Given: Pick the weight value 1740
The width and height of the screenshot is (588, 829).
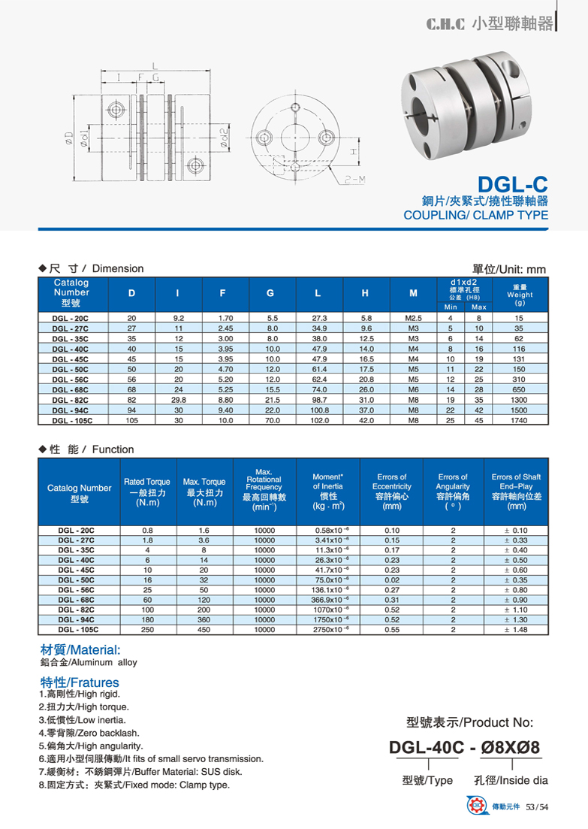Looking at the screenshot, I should click(519, 422).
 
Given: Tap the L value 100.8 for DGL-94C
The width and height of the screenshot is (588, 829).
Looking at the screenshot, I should click(320, 411).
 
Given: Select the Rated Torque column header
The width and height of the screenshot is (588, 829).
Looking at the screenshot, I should click(146, 492).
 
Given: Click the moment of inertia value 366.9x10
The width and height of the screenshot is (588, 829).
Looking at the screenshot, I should click(328, 599).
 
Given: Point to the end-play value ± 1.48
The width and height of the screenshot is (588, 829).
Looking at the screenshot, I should click(515, 630).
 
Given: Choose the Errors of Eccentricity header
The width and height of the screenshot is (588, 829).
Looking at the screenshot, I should click(391, 492).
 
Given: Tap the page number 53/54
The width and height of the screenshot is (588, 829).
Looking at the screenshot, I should click(538, 807).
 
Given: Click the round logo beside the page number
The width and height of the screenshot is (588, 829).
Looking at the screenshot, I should click(476, 806).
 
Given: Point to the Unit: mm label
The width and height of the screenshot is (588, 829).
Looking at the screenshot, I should click(508, 269).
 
